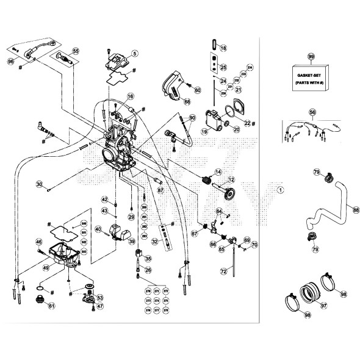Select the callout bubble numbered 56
tap(312, 113)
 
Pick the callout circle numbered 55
tap(75, 51)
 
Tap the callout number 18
tap(223, 48)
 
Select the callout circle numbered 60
tap(197, 90)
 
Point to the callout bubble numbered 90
tap(192, 117)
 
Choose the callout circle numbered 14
tap(217, 171)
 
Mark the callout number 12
tap(231, 180)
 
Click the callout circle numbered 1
tap(280, 190)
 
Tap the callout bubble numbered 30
tap(39, 184)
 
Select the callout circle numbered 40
tap(98, 229)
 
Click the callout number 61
tap(51, 306)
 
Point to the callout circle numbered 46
tap(39, 242)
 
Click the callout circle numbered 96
tap(10, 62)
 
